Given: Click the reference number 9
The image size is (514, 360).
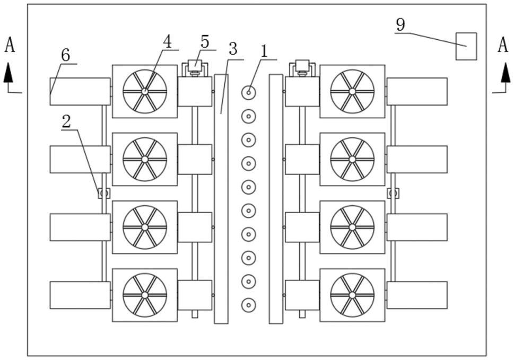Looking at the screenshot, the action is [400, 24].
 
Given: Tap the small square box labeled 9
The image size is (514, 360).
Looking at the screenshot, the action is [466, 46].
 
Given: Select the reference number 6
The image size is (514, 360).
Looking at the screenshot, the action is [66, 55].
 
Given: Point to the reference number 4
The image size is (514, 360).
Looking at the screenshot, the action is [167, 42].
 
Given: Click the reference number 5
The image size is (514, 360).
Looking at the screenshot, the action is [205, 42].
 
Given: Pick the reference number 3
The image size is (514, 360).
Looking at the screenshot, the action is [233, 49].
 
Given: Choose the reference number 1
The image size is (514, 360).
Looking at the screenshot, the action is [264, 51].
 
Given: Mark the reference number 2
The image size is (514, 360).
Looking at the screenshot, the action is [66, 122].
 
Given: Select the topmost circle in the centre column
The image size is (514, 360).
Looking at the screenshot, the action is [249, 93].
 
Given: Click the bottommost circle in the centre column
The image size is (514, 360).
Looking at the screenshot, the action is [249, 305].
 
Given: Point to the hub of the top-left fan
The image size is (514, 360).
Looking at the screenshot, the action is [145, 91].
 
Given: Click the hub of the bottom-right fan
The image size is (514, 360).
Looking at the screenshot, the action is [352, 295].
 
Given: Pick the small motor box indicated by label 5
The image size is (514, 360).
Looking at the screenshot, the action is [195, 64].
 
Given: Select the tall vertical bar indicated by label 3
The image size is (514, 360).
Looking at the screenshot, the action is [221, 199].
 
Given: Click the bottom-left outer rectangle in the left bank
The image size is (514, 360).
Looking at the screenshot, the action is [80, 295].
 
